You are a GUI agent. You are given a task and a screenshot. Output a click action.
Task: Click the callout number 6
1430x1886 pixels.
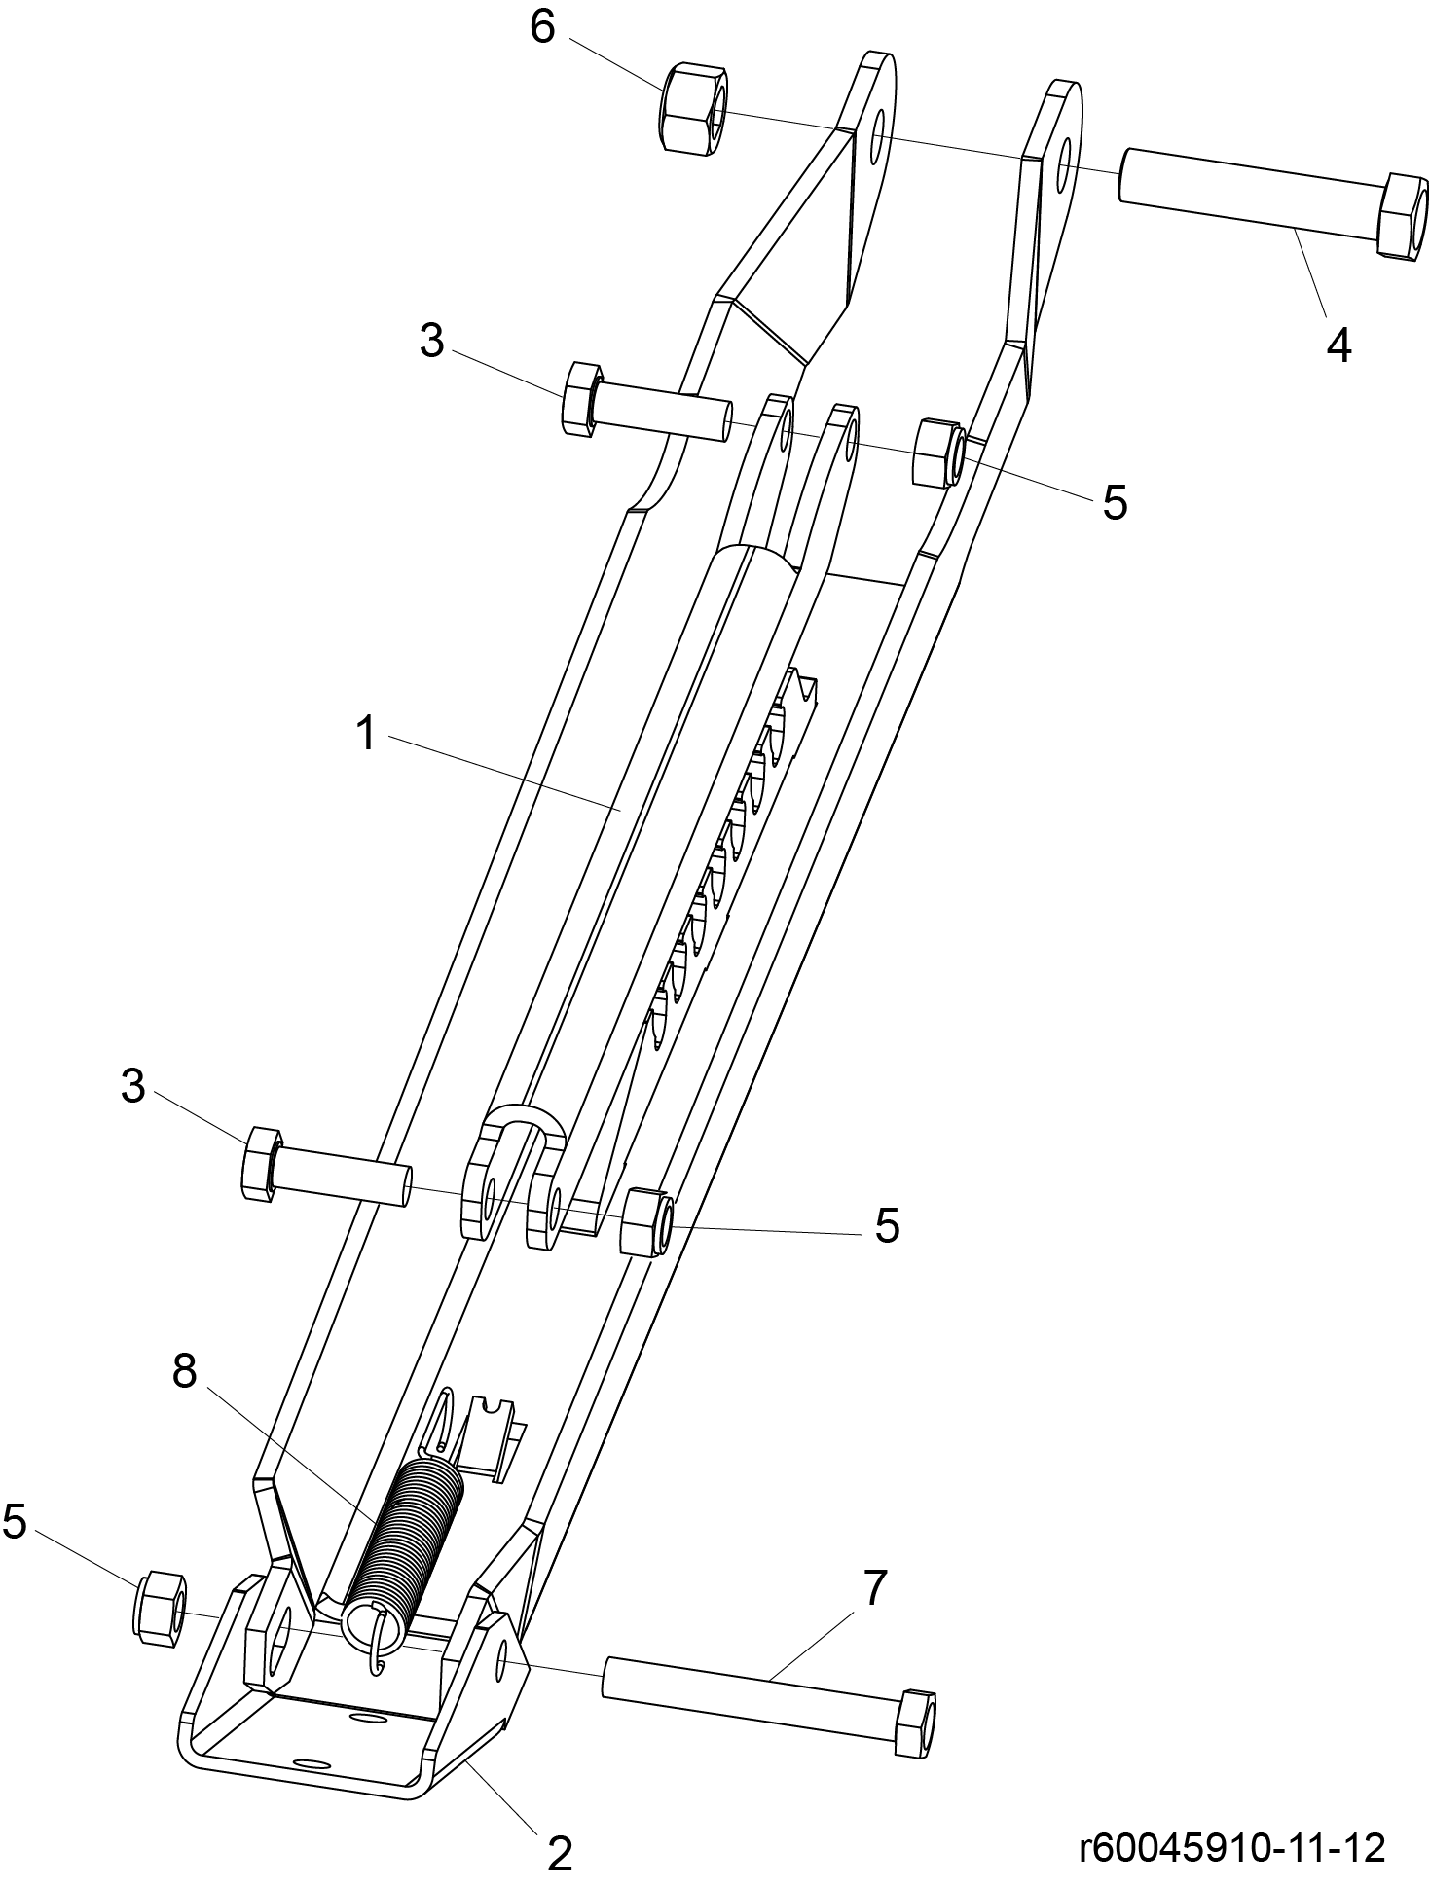tap(542, 27)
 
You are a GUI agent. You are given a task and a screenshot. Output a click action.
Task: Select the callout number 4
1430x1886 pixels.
tap(1338, 345)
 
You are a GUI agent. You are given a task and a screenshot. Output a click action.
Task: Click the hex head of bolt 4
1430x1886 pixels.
tap(1403, 215)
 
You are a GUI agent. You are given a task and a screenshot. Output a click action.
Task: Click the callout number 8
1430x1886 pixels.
tap(184, 1371)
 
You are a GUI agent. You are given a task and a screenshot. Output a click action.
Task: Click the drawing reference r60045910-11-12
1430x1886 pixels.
tap(1231, 1846)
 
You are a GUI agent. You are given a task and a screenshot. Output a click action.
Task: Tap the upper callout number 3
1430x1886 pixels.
tap(431, 341)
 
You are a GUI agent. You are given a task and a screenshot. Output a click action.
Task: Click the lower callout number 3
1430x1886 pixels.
tap(132, 1086)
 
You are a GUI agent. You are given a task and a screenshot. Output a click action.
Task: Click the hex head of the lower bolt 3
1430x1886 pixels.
tap(261, 1162)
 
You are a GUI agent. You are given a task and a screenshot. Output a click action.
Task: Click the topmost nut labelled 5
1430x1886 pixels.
tap(938, 452)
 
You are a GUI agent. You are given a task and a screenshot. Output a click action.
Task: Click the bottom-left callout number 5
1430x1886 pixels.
tap(15, 1520)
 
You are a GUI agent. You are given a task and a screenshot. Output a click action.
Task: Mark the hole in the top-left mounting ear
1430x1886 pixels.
tap(878, 135)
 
